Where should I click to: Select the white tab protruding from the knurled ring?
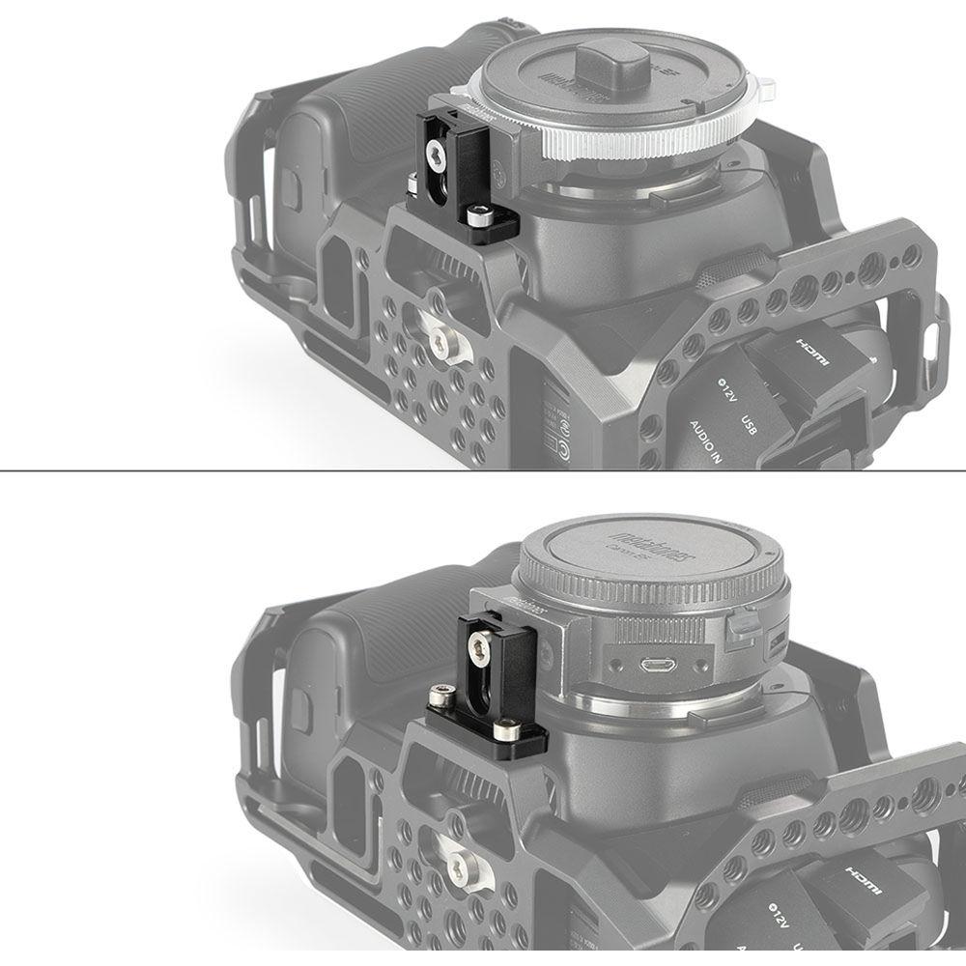(x=767, y=94)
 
